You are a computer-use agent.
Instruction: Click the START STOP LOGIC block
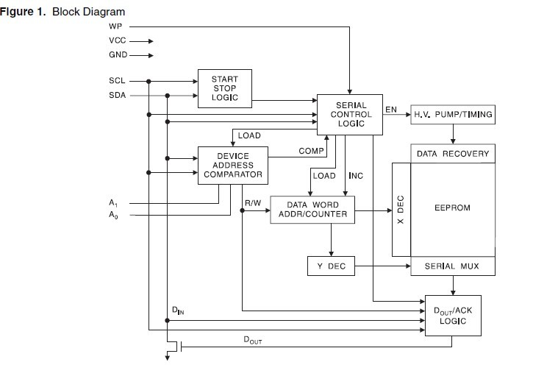(x=224, y=88)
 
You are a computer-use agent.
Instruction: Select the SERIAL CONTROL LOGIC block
(x=351, y=115)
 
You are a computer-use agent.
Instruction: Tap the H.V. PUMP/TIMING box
(x=452, y=115)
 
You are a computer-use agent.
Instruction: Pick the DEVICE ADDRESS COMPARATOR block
(x=232, y=166)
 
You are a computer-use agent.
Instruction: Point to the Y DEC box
(x=331, y=266)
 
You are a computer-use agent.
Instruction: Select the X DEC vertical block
(x=401, y=210)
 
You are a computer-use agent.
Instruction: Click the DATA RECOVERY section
(x=453, y=155)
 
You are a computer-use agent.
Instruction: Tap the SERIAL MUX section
(x=453, y=266)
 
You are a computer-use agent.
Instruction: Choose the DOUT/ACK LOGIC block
(x=453, y=316)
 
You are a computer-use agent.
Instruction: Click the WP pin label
(x=115, y=26)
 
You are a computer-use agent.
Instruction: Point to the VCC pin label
(x=118, y=41)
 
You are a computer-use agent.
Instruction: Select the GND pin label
(x=118, y=55)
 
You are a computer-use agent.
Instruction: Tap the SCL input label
(x=118, y=81)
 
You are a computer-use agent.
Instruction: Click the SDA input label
(x=118, y=95)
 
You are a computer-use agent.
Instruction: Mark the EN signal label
(x=391, y=110)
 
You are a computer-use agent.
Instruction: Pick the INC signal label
(x=356, y=176)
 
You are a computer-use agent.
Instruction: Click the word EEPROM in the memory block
(x=453, y=208)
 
